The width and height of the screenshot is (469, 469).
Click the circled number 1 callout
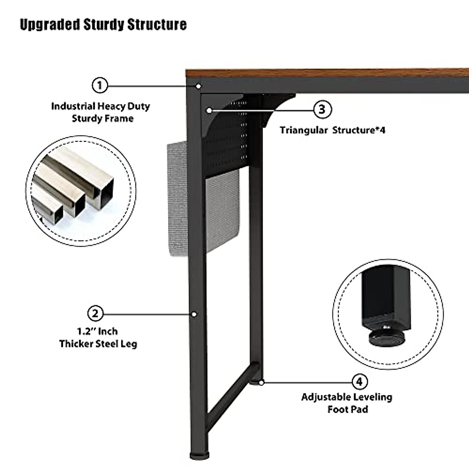[100, 85]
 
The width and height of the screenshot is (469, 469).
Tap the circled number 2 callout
[95, 313]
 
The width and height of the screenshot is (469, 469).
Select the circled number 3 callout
[322, 109]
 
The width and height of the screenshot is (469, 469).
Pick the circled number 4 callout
[360, 381]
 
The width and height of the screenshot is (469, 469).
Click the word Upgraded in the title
[50, 24]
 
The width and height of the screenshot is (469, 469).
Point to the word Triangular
[303, 130]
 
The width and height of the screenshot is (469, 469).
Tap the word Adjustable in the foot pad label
[324, 397]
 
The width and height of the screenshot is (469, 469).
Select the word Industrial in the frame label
[73, 106]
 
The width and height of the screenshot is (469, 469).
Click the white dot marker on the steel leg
[193, 314]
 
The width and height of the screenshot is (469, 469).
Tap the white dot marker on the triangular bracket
[209, 111]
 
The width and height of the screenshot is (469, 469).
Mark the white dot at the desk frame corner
[199, 86]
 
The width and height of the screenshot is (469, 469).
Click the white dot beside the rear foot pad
[261, 382]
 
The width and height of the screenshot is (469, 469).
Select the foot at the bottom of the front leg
[199, 455]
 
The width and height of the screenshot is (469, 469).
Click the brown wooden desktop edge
[324, 73]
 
